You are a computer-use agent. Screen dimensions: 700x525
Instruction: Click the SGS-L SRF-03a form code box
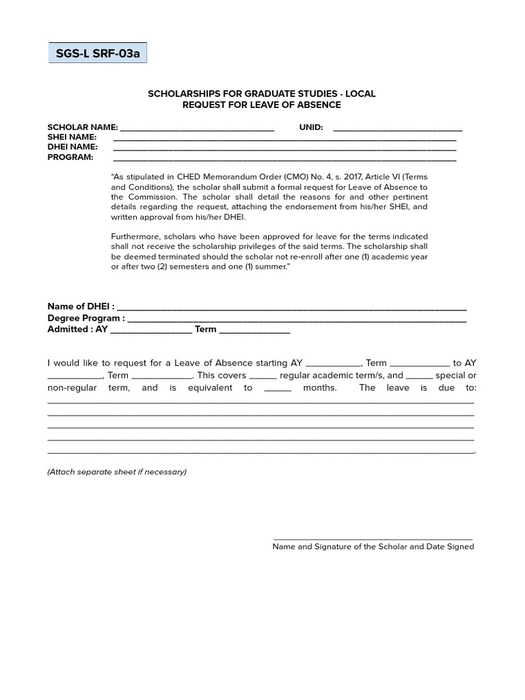pos(97,53)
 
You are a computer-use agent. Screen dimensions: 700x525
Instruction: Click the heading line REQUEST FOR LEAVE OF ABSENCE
pos(261,105)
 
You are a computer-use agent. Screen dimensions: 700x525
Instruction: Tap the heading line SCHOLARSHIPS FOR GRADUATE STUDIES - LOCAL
pos(261,94)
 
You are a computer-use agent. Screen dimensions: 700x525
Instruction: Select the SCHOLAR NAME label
pos(82,127)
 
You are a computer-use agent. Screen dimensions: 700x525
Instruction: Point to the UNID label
pos(311,127)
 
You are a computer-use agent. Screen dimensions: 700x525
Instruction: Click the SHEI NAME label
pos(72,137)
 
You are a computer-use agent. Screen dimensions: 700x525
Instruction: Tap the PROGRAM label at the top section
pos(70,157)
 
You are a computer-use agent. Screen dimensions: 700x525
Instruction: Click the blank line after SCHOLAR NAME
pos(197,129)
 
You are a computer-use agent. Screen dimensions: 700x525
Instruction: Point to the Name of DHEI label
pos(81,307)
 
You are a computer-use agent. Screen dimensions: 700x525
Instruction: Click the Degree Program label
pos(85,318)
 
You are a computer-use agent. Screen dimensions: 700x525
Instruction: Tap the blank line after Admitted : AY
pos(151,330)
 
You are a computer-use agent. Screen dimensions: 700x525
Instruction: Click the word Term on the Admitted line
pos(205,329)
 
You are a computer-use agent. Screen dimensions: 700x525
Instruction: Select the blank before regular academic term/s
pos(263,377)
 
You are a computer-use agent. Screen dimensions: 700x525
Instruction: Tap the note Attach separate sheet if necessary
pos(117,472)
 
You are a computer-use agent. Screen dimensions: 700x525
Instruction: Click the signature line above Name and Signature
pos(373,540)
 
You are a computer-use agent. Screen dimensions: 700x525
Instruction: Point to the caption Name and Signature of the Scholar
pos(373,547)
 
